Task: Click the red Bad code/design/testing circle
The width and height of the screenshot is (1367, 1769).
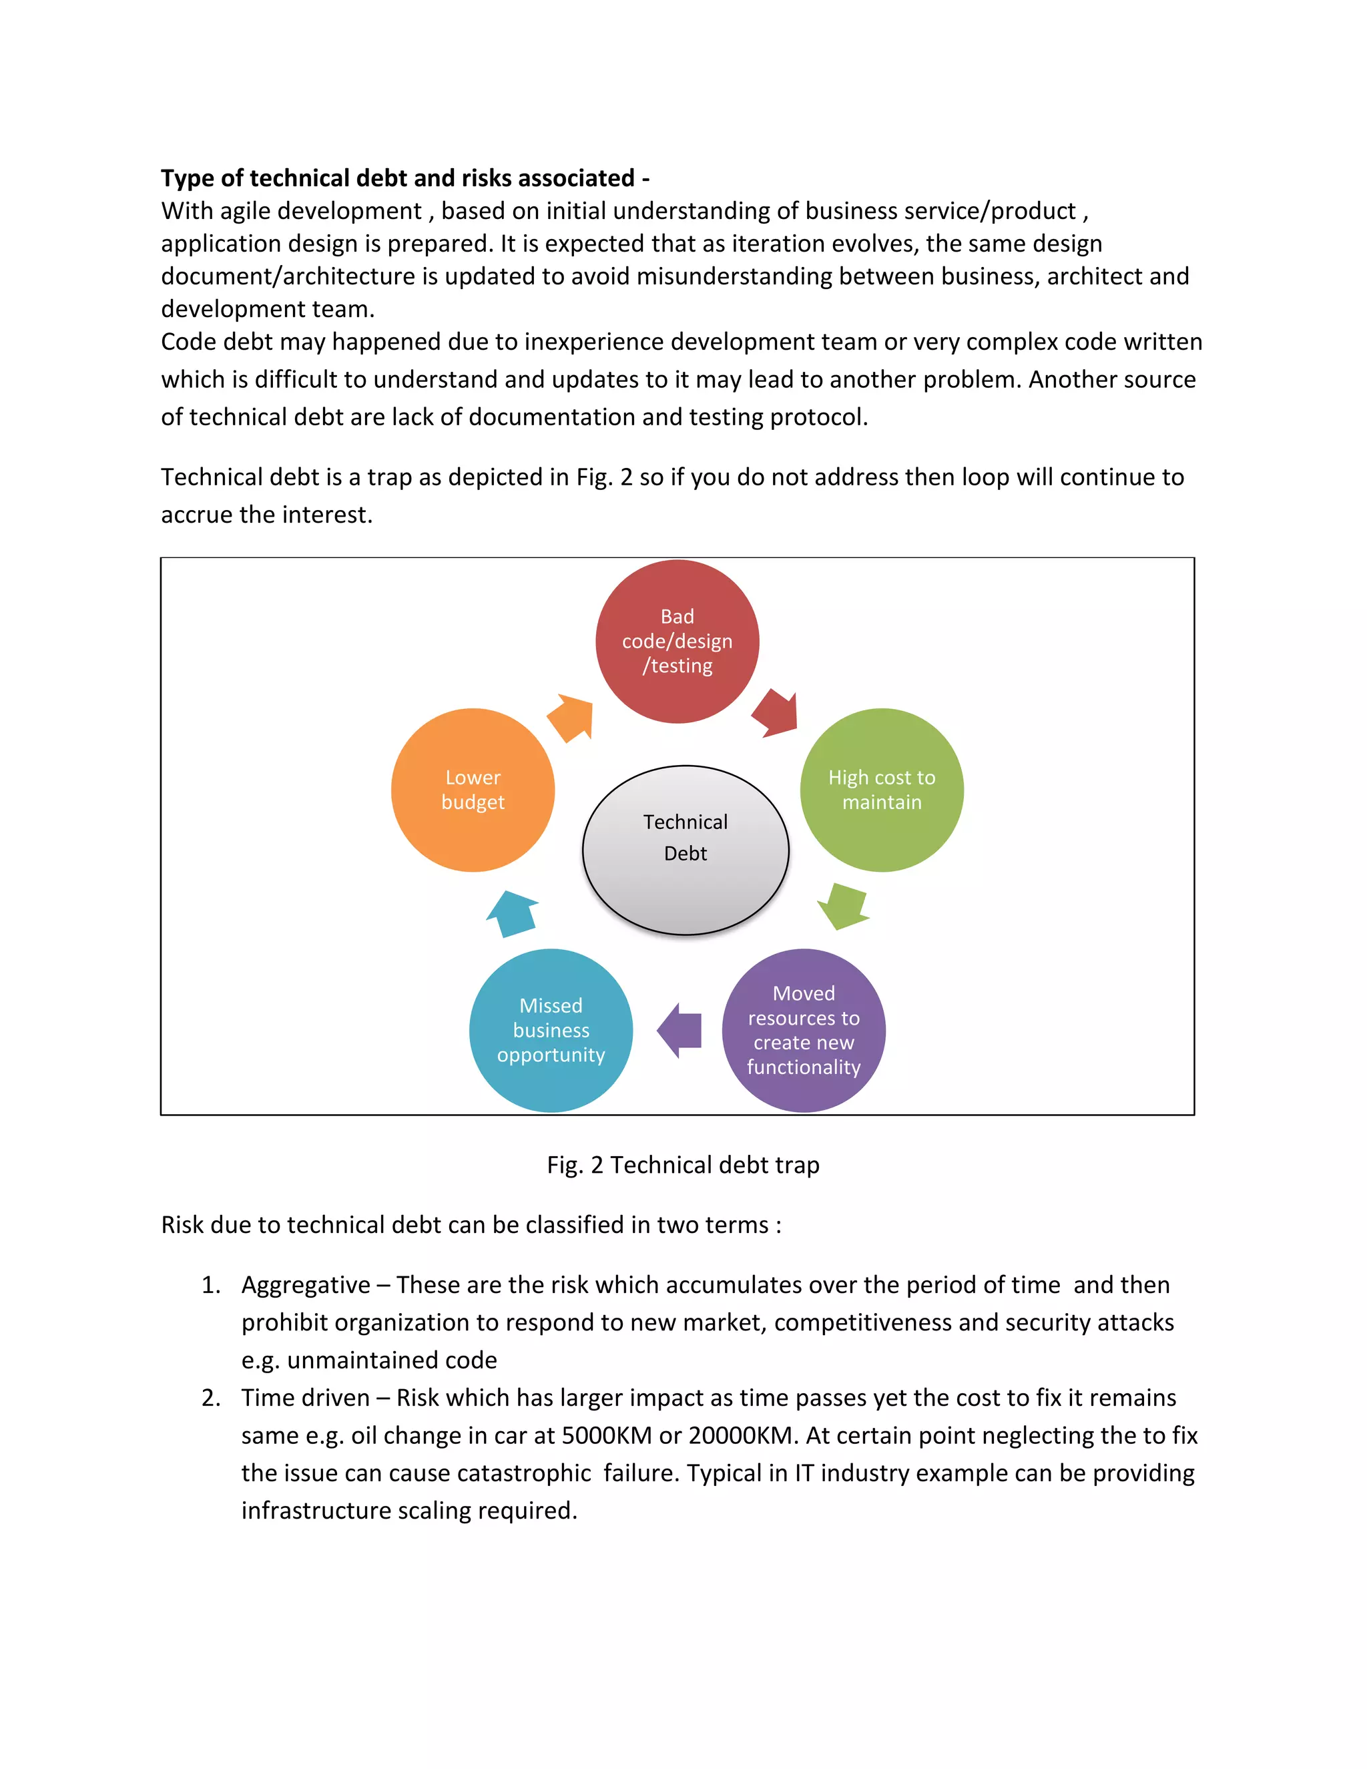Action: (677, 642)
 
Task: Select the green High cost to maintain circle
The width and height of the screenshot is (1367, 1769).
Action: (881, 790)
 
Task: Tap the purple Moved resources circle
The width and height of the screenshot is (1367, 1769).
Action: (804, 1030)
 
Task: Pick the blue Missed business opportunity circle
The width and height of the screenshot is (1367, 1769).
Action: (551, 1030)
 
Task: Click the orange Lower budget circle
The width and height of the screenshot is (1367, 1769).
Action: (473, 790)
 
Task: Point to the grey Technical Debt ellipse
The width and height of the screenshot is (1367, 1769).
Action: (685, 850)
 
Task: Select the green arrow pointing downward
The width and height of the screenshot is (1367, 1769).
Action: (843, 907)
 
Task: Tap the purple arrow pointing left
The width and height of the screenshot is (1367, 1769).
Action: (679, 1030)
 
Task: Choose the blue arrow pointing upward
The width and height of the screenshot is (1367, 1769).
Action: (513, 914)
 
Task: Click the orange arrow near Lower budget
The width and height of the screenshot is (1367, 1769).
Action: (572, 717)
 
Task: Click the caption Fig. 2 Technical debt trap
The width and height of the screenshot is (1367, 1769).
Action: (683, 1165)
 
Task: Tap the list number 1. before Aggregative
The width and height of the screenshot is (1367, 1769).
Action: (210, 1286)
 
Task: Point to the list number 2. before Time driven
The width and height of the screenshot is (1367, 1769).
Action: (210, 1398)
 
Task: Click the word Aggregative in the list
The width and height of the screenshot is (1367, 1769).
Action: (305, 1286)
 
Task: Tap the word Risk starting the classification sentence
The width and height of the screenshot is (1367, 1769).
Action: (182, 1225)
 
